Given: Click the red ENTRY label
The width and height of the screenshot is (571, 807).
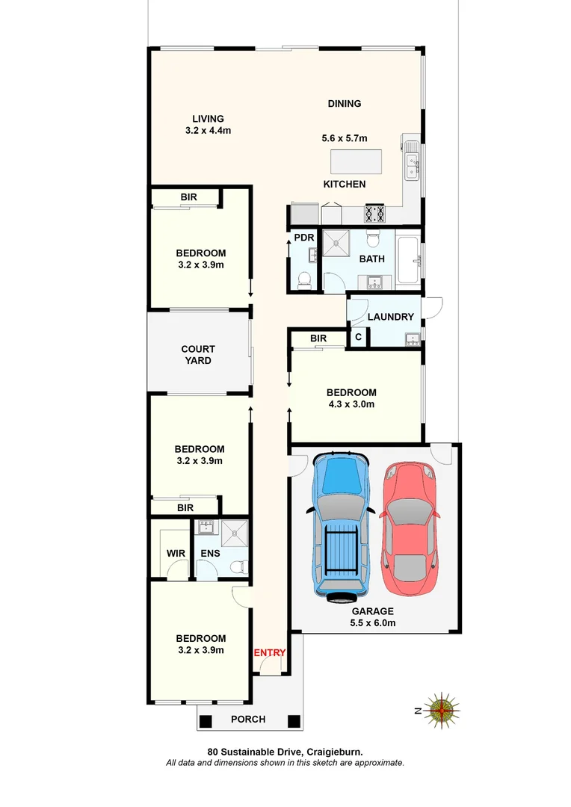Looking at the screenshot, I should [270, 652].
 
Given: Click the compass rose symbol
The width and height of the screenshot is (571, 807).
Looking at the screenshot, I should [443, 709].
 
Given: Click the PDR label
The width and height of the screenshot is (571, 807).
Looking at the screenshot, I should [303, 238].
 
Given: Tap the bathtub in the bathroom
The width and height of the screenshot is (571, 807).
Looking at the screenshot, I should [409, 262].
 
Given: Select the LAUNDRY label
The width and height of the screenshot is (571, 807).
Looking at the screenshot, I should [390, 317].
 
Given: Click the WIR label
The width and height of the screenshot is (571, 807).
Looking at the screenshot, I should [175, 554].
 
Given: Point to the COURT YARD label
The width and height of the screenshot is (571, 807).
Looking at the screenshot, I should [198, 355].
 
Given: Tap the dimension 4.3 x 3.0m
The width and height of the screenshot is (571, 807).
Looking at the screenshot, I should [351, 404].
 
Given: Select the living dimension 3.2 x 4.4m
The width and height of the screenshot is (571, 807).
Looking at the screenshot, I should [208, 130].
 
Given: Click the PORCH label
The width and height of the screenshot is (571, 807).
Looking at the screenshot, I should [247, 720].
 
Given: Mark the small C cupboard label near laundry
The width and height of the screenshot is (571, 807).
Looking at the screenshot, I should [359, 338].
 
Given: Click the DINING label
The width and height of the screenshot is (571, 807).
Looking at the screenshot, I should [345, 104].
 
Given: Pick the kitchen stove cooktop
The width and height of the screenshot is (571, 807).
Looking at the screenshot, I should [375, 214].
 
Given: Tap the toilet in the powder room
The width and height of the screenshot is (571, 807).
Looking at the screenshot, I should [304, 281].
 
